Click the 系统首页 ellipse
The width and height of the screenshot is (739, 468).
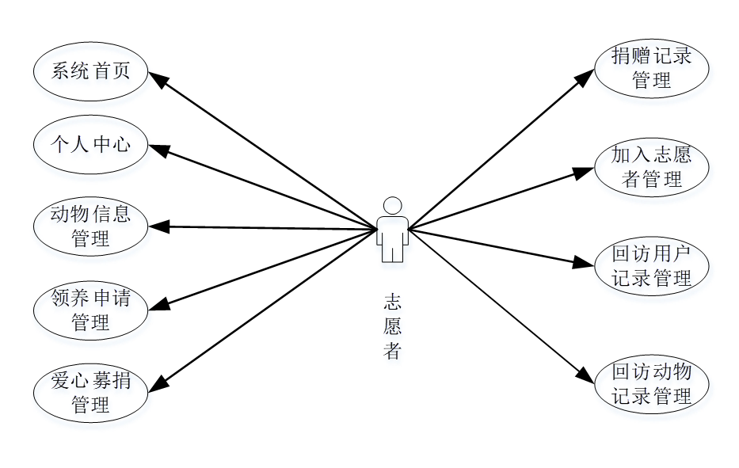click(x=90, y=72)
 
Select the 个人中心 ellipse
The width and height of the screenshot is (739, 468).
click(x=90, y=145)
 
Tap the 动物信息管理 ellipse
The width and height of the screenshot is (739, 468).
click(x=90, y=226)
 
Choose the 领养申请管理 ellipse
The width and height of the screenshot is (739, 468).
click(x=90, y=310)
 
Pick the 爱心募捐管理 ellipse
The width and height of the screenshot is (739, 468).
click(x=90, y=394)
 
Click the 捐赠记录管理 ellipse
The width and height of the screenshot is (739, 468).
click(x=651, y=68)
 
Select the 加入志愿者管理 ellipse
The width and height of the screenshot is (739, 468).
click(x=651, y=166)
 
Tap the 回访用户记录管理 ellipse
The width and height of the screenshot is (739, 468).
click(x=651, y=266)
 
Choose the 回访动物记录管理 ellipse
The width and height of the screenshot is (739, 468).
click(x=651, y=384)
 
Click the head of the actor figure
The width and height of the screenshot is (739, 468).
click(x=392, y=204)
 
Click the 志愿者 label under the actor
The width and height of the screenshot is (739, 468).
click(x=392, y=326)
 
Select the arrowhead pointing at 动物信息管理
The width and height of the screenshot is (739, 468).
click(x=159, y=226)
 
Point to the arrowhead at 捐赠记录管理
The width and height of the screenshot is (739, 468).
click(x=585, y=76)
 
